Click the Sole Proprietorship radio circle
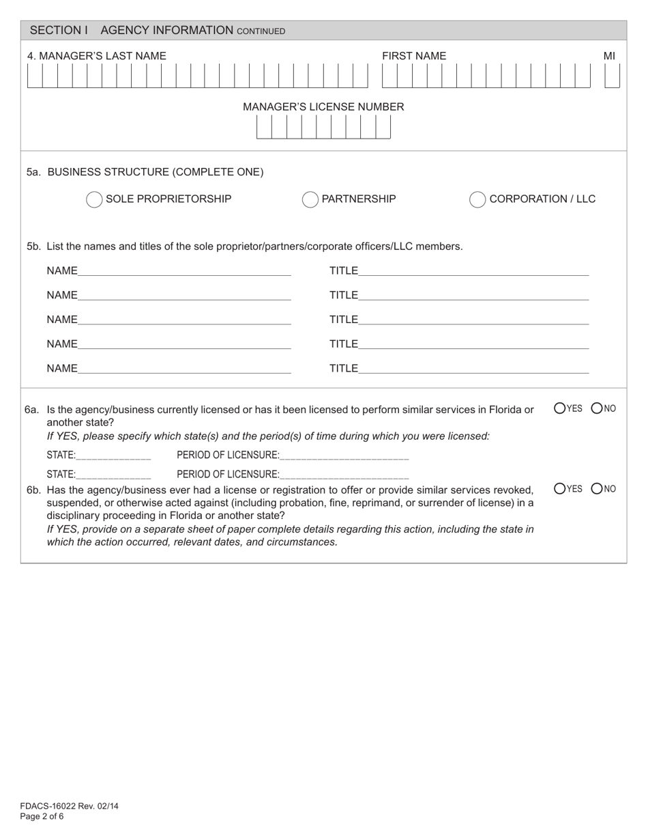point(94,199)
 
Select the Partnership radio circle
point(310,199)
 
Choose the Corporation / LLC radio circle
point(477,199)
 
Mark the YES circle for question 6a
point(560,408)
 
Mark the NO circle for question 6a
point(597,408)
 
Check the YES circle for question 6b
point(560,488)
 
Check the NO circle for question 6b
point(597,488)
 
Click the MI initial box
point(612,76)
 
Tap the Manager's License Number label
point(323,107)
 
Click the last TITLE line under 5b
point(473,368)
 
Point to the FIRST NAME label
point(413,56)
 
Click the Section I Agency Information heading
point(158,31)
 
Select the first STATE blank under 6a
point(114,455)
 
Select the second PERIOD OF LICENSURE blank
point(344,473)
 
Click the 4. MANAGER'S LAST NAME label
point(96,56)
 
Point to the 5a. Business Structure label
point(145,172)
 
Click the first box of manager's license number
point(264,127)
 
